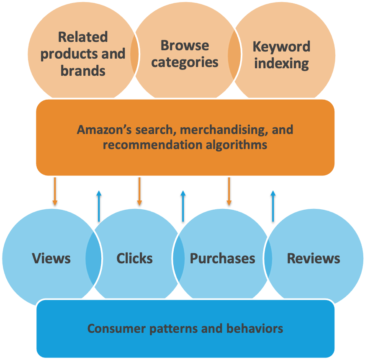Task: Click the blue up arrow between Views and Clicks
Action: click(x=99, y=206)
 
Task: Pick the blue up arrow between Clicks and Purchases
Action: click(x=183, y=206)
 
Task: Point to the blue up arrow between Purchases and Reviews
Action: click(x=273, y=206)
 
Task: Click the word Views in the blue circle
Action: click(x=51, y=258)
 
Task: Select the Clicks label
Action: click(x=134, y=258)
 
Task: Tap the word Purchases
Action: click(x=222, y=258)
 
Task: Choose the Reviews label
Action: click(x=314, y=258)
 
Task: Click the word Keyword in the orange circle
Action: click(x=281, y=46)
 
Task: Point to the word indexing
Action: click(x=281, y=64)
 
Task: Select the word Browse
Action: click(x=185, y=45)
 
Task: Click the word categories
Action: click(x=185, y=62)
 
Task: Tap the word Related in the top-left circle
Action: click(x=83, y=37)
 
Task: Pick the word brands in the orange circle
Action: click(x=83, y=71)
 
